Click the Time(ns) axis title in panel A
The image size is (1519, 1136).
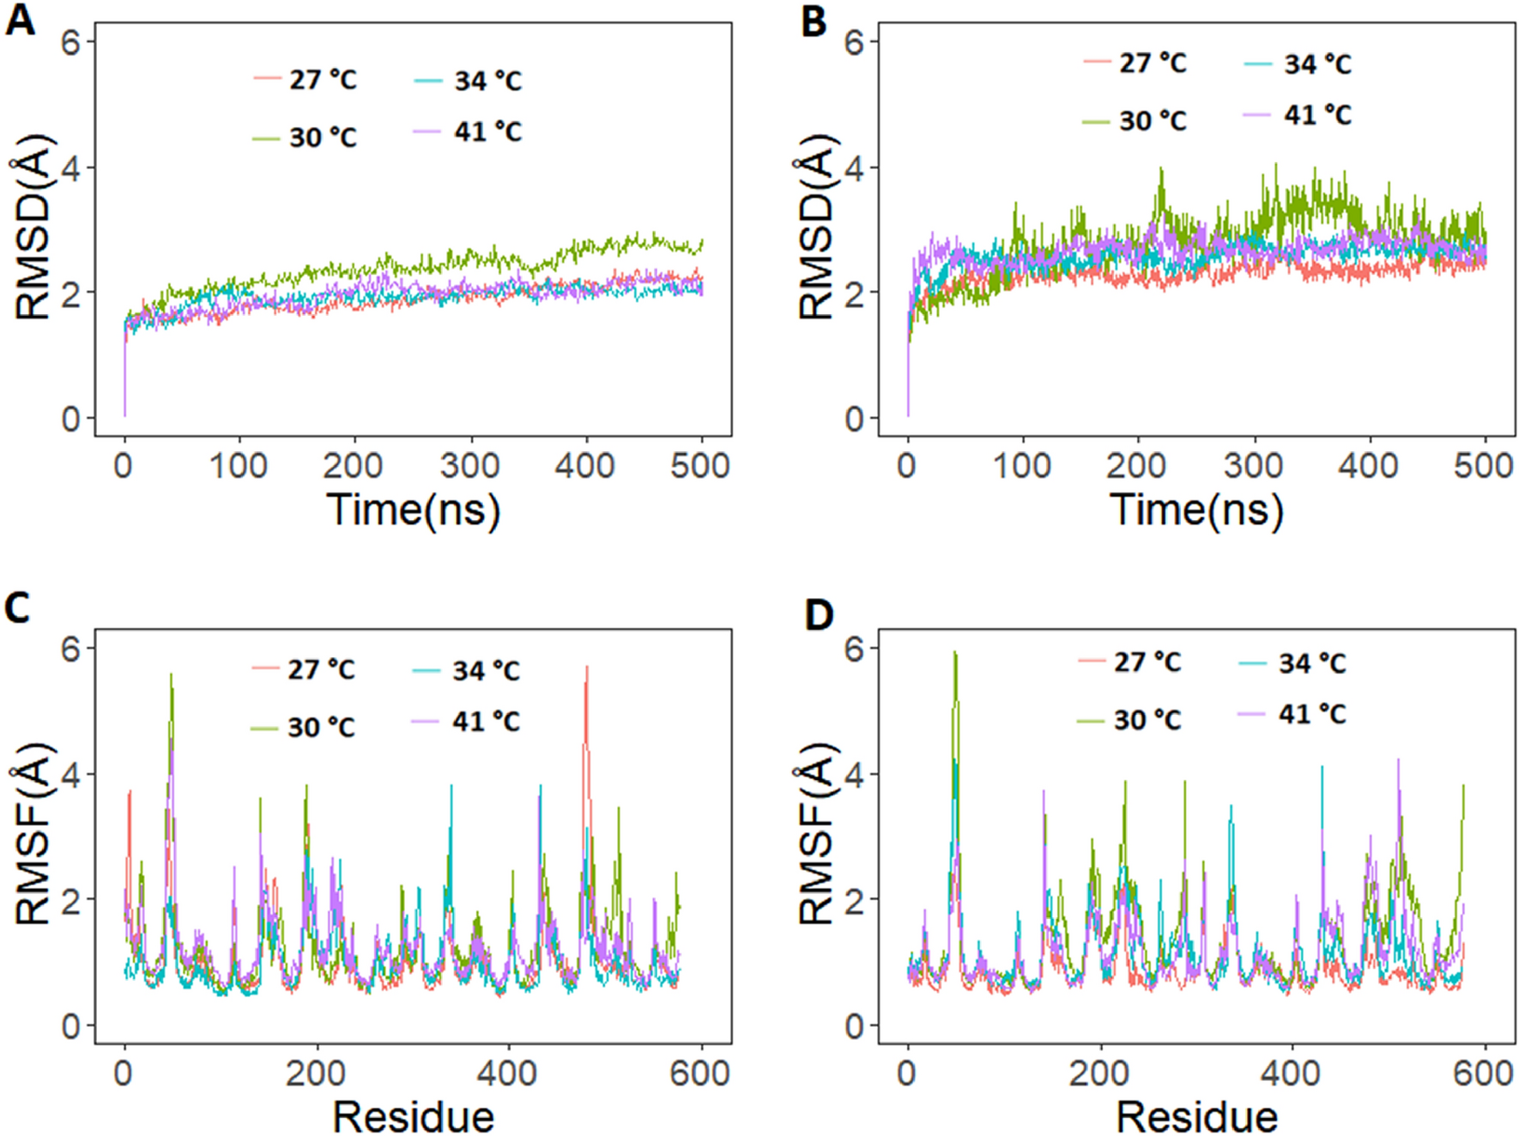pyautogui.click(x=413, y=510)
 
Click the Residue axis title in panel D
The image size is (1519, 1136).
pyautogui.click(x=1196, y=1116)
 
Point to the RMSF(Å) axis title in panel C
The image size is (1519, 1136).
pyautogui.click(x=32, y=834)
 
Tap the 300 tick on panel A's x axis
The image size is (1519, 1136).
pyautogui.click(x=469, y=466)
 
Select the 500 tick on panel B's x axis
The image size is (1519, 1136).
pyautogui.click(x=1483, y=466)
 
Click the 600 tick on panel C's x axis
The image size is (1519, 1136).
pyautogui.click(x=700, y=1073)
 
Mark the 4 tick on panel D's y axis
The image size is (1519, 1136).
pyautogui.click(x=854, y=774)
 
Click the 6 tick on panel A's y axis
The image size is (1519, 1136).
pyautogui.click(x=70, y=41)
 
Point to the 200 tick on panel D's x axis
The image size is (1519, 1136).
pyautogui.click(x=1098, y=1073)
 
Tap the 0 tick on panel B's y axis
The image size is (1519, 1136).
pyautogui.click(x=854, y=419)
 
